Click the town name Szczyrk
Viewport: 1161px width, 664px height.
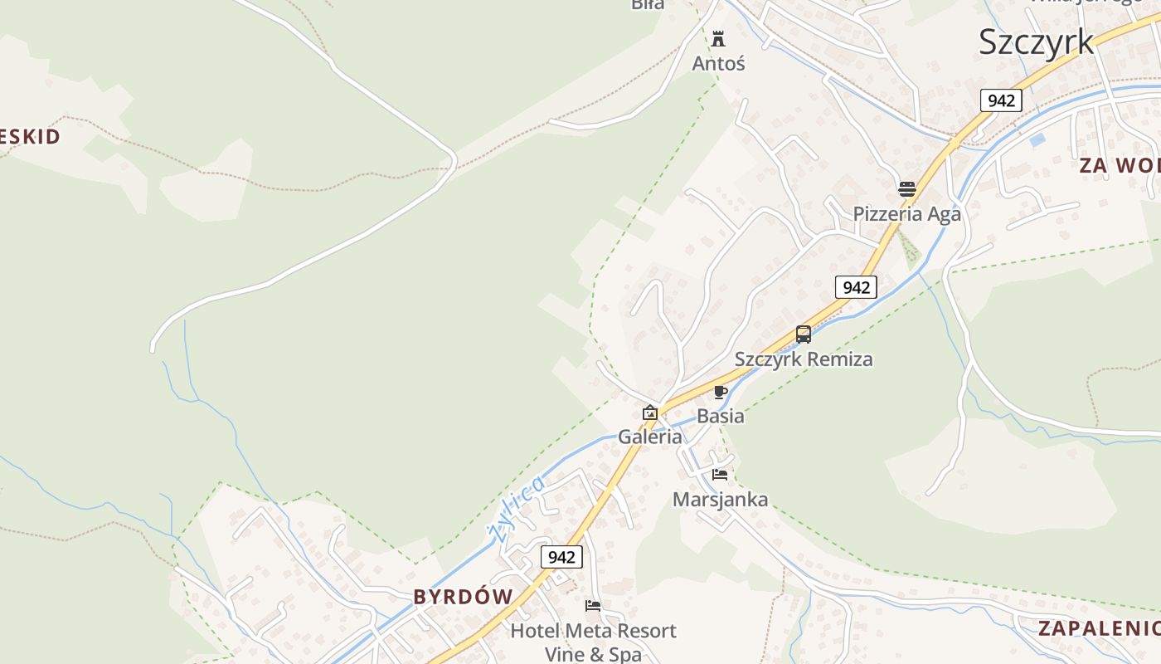(1036, 41)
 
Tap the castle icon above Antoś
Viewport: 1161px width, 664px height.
(718, 38)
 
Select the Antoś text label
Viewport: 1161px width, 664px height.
(718, 63)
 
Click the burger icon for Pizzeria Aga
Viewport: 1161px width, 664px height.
(906, 188)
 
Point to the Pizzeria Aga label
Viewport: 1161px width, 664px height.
(906, 214)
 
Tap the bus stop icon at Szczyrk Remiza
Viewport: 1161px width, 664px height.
(803, 334)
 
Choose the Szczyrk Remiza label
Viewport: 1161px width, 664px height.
(803, 359)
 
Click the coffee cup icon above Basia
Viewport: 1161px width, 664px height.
(720, 392)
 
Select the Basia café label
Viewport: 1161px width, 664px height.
(720, 416)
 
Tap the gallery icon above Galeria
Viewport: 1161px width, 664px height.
(649, 412)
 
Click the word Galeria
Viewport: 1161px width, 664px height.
(649, 437)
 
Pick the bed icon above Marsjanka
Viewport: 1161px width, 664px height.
(719, 475)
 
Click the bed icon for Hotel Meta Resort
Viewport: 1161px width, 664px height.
(592, 606)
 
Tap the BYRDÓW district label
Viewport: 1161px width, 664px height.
(463, 597)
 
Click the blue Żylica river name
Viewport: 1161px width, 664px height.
(517, 507)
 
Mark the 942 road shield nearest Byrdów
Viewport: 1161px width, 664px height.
(561, 557)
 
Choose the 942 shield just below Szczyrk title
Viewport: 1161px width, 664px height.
(1001, 100)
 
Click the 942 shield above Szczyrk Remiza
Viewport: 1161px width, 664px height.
(855, 287)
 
